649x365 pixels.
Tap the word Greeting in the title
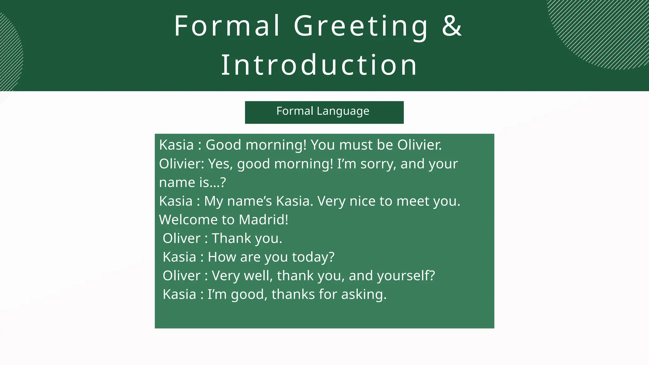(361, 26)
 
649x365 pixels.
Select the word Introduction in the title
(319, 65)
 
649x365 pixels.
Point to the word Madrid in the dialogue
(263, 220)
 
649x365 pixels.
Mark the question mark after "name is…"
(223, 182)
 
